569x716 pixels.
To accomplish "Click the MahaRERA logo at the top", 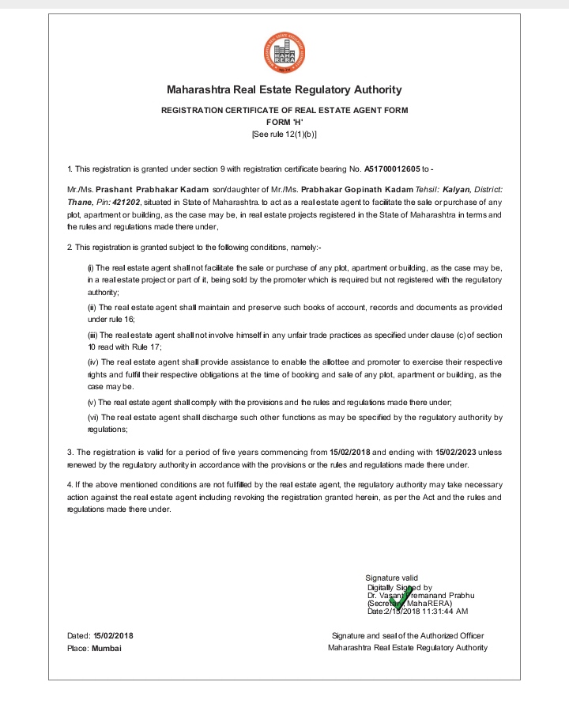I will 284,52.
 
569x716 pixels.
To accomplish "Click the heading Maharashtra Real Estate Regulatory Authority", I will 284,90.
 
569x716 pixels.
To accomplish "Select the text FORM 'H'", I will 284,123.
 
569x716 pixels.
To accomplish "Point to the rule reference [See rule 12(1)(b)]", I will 284,135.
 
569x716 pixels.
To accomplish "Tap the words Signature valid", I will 392,578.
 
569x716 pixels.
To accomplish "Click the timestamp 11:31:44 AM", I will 447,612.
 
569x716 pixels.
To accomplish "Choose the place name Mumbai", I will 107,648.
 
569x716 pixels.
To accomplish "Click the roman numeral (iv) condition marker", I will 91,362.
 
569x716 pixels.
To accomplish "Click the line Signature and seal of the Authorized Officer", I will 408,635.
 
